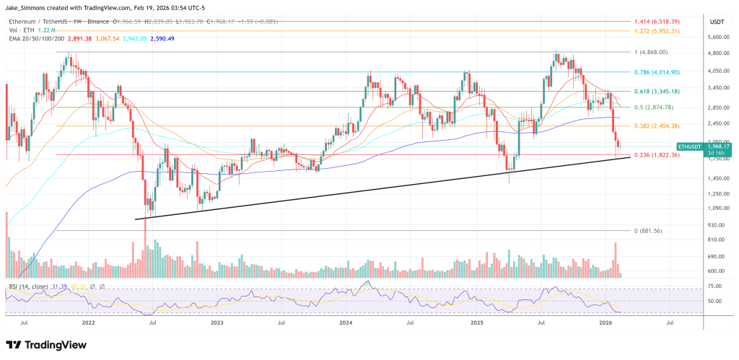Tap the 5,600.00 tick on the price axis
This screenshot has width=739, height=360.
pyautogui.click(x=717, y=37)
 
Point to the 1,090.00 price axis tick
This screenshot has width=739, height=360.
pyautogui.click(x=717, y=208)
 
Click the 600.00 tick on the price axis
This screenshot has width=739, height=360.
pyautogui.click(x=717, y=271)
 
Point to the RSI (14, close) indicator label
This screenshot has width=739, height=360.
pyautogui.click(x=29, y=286)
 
